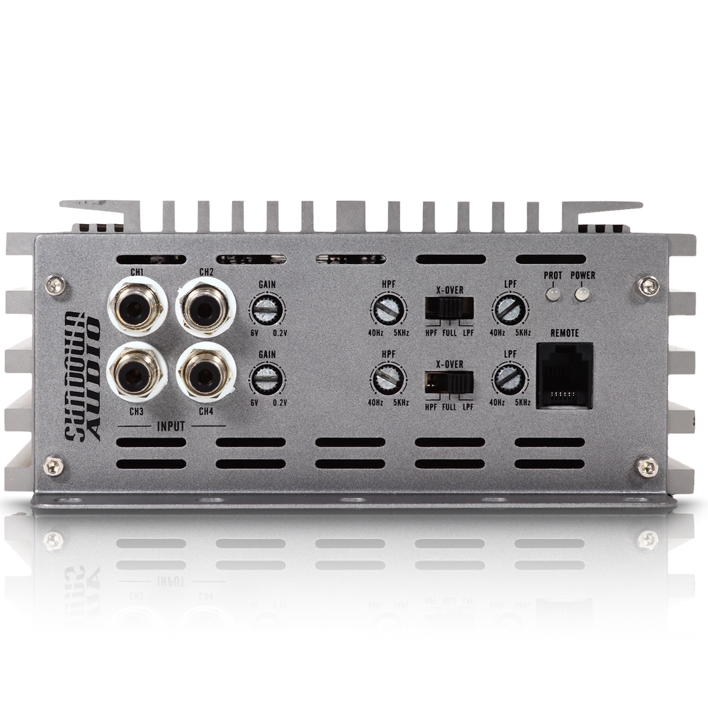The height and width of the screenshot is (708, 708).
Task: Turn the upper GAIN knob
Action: click(267, 309)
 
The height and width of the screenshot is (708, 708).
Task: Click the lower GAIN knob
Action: click(267, 380)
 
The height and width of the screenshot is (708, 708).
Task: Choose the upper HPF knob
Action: click(388, 309)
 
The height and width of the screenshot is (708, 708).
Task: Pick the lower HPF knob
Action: click(388, 380)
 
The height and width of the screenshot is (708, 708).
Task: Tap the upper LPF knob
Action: click(510, 310)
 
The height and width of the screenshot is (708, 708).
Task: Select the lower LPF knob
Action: click(510, 380)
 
